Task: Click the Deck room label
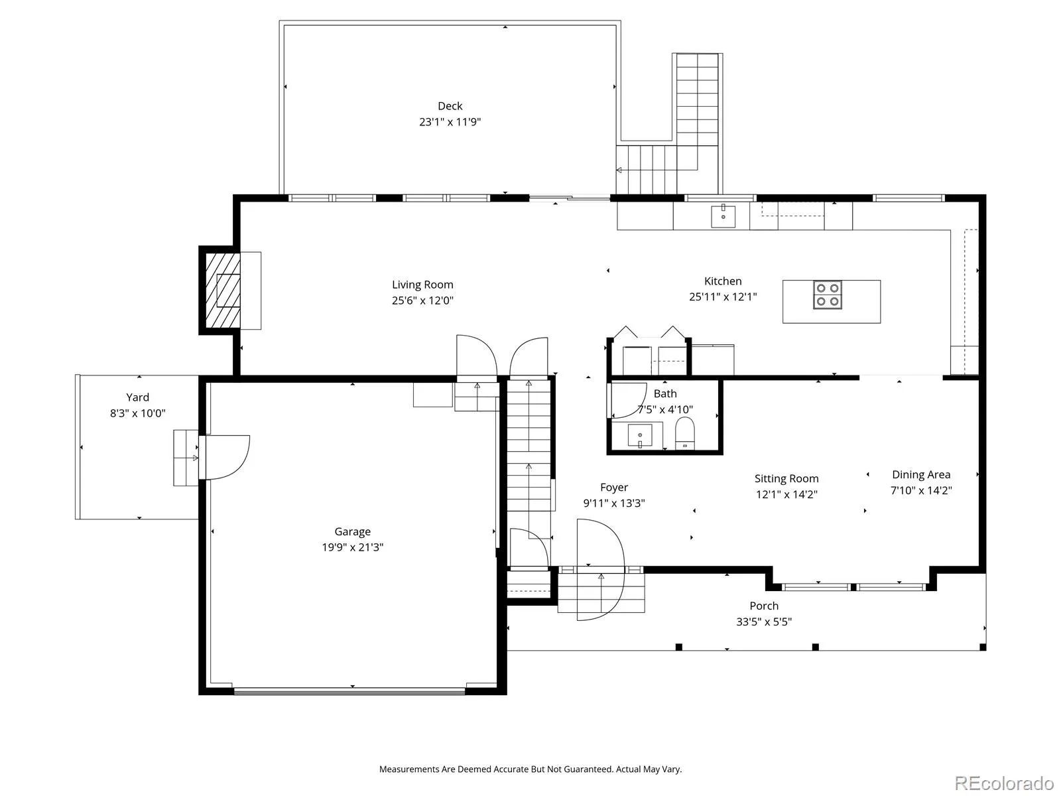pyautogui.click(x=450, y=106)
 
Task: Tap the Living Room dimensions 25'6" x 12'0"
pyautogui.click(x=422, y=300)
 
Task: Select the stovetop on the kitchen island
pyautogui.click(x=827, y=295)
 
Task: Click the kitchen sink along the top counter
pyautogui.click(x=723, y=216)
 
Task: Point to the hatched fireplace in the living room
pyautogui.click(x=223, y=291)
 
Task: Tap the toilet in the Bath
pyautogui.click(x=684, y=433)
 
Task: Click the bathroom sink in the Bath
pyautogui.click(x=639, y=435)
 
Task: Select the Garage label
pyautogui.click(x=352, y=531)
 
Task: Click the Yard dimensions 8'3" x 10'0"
pyautogui.click(x=138, y=413)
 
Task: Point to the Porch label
pyautogui.click(x=764, y=606)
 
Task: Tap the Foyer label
pyautogui.click(x=614, y=487)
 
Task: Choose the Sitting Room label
pyautogui.click(x=786, y=478)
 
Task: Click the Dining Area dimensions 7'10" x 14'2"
pyautogui.click(x=921, y=490)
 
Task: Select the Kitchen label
pyautogui.click(x=723, y=281)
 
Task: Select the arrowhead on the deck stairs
pyautogui.click(x=619, y=170)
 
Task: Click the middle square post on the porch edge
pyautogui.click(x=815, y=647)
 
